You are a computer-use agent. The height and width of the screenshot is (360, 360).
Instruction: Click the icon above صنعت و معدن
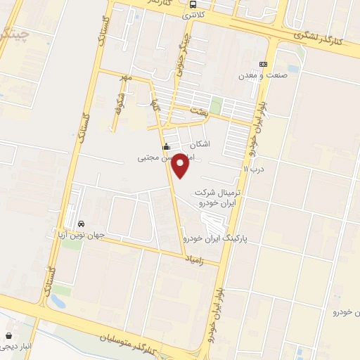[x=263, y=64]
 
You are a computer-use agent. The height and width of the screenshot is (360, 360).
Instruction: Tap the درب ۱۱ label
[x=252, y=169]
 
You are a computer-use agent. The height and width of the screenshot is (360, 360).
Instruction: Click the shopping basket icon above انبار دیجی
[x=8, y=335]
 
